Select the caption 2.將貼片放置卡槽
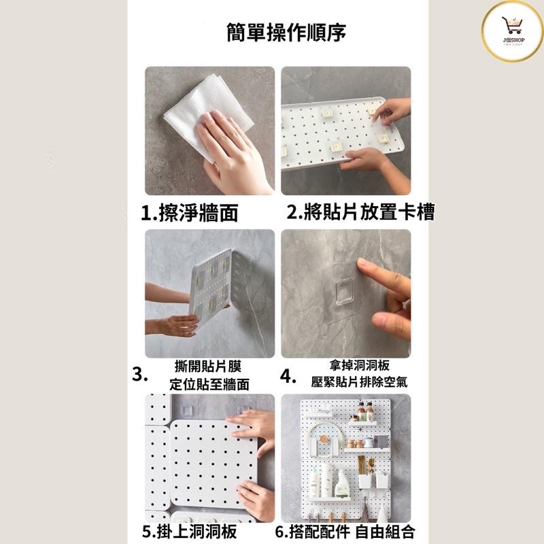point(360,212)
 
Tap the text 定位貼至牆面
point(209,384)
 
